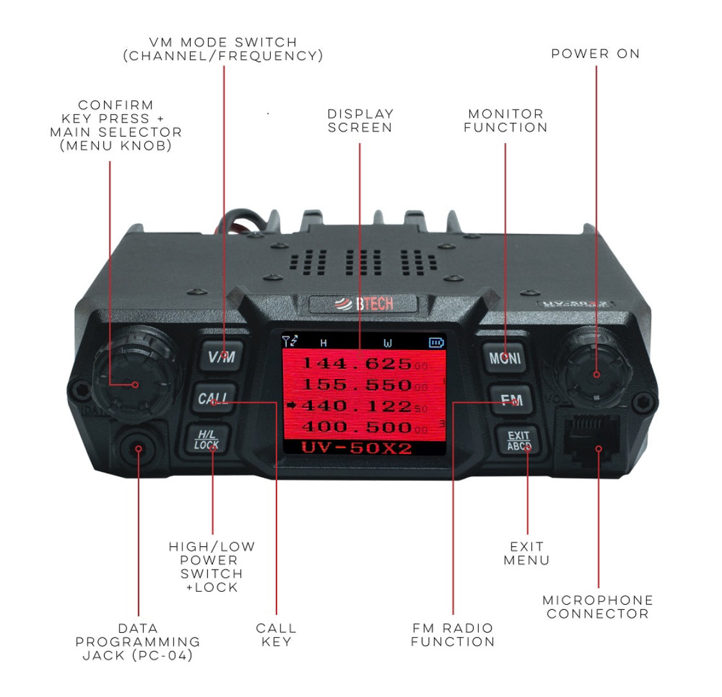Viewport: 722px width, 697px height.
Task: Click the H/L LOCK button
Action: [207, 440]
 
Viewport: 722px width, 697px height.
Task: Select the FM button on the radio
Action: [511, 401]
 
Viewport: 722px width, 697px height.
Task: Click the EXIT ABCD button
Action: [519, 441]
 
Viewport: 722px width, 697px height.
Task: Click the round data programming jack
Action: [138, 448]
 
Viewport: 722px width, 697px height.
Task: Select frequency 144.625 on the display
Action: [356, 364]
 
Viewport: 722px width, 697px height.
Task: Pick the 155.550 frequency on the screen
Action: [356, 385]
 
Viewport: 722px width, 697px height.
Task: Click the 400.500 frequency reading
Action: [356, 427]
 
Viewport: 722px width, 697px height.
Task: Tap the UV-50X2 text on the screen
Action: [356, 448]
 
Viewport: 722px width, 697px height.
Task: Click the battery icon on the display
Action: [436, 343]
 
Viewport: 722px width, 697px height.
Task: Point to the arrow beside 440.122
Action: [291, 405]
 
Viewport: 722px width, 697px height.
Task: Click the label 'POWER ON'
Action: [596, 54]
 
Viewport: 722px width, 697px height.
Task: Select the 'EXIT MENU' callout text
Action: [526, 553]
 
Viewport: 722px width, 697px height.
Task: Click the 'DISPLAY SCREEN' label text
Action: [360, 121]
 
